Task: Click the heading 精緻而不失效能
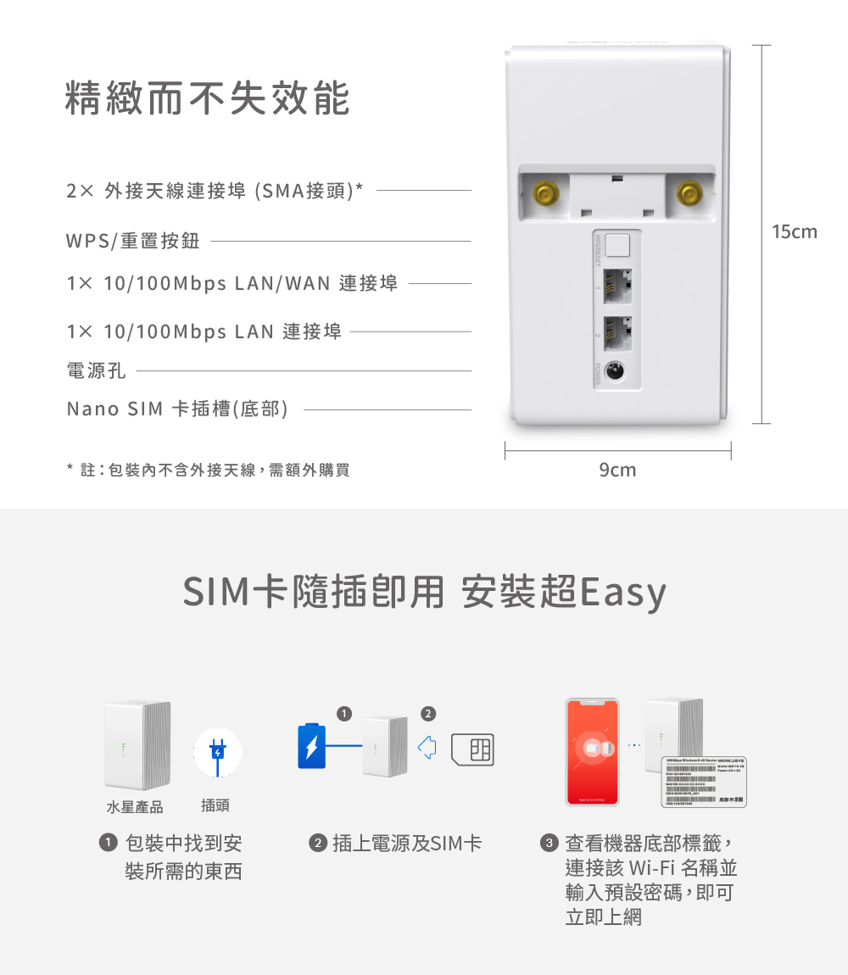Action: click(208, 99)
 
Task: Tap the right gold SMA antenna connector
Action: click(689, 193)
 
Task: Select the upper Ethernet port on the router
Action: click(617, 287)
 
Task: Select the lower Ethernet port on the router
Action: click(617, 332)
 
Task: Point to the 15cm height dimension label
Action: click(794, 231)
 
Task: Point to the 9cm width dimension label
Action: click(616, 470)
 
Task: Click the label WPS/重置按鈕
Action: click(133, 242)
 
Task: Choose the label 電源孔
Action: click(96, 370)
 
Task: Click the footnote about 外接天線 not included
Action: click(208, 470)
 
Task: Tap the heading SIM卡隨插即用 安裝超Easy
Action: click(424, 593)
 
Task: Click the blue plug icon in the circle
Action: click(218, 751)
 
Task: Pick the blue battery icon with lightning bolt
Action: click(311, 746)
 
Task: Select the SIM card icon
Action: click(473, 749)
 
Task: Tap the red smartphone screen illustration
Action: click(593, 751)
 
